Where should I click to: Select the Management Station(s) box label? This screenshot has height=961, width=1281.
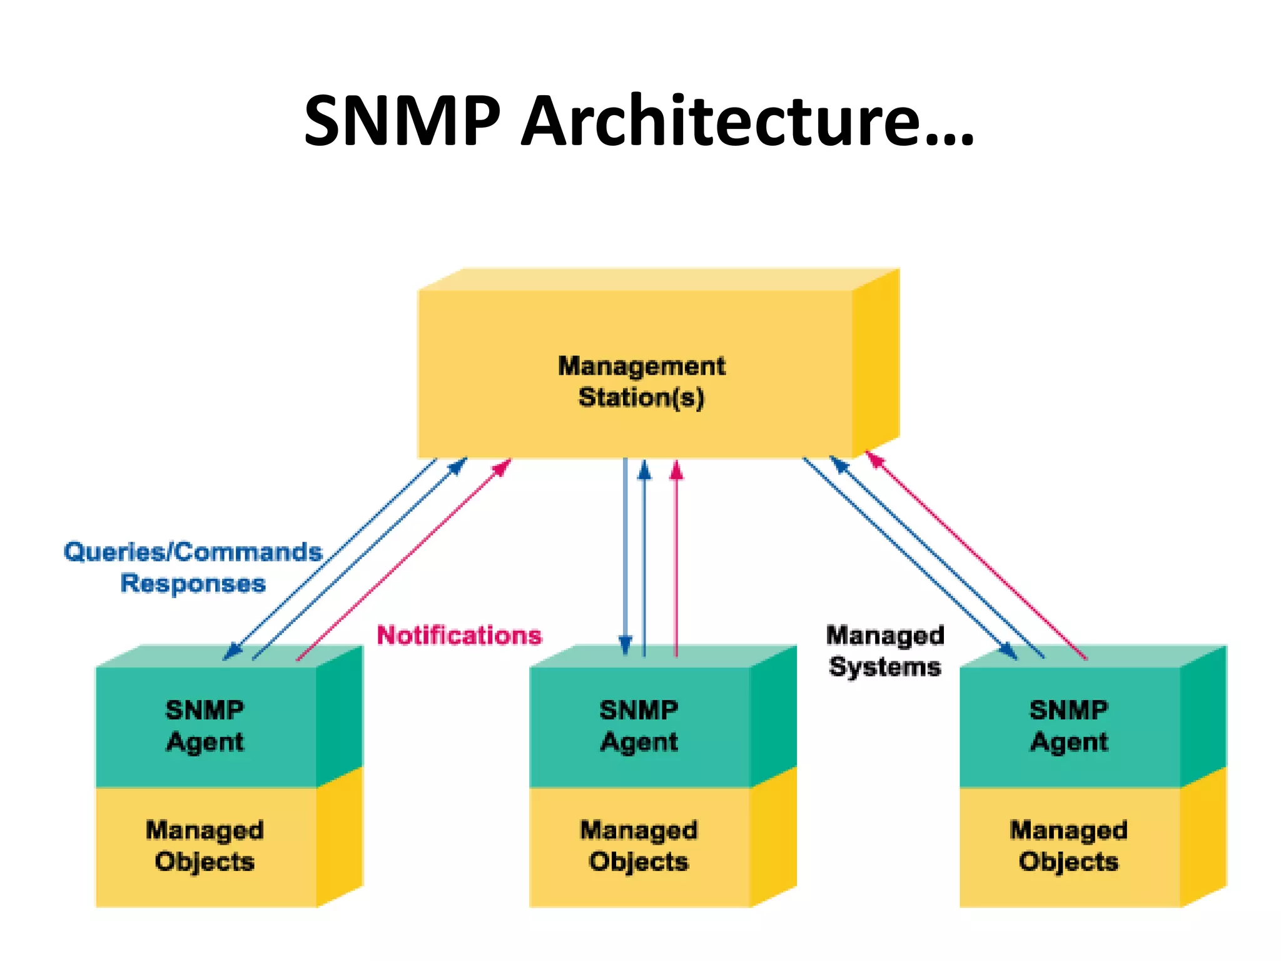pos(641,382)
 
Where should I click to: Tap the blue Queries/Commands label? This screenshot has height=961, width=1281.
pos(193,552)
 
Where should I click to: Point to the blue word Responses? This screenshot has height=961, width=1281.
pos(193,583)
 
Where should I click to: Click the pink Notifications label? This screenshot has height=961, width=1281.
pos(459,635)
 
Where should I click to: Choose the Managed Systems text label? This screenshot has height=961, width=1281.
pos(884,651)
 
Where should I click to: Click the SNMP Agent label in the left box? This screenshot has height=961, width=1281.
pos(205,726)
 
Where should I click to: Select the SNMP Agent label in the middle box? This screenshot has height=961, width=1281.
pos(639,726)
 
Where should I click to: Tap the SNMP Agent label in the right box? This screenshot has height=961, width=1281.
pos(1068,726)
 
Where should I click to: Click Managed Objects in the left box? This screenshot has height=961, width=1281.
pos(205,846)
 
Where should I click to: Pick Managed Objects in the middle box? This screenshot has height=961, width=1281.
pos(639,846)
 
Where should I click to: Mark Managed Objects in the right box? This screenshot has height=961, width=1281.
pos(1068,846)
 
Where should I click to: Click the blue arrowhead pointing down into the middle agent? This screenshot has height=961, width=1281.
pos(625,645)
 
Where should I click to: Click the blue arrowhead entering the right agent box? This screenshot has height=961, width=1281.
pos(1008,651)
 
